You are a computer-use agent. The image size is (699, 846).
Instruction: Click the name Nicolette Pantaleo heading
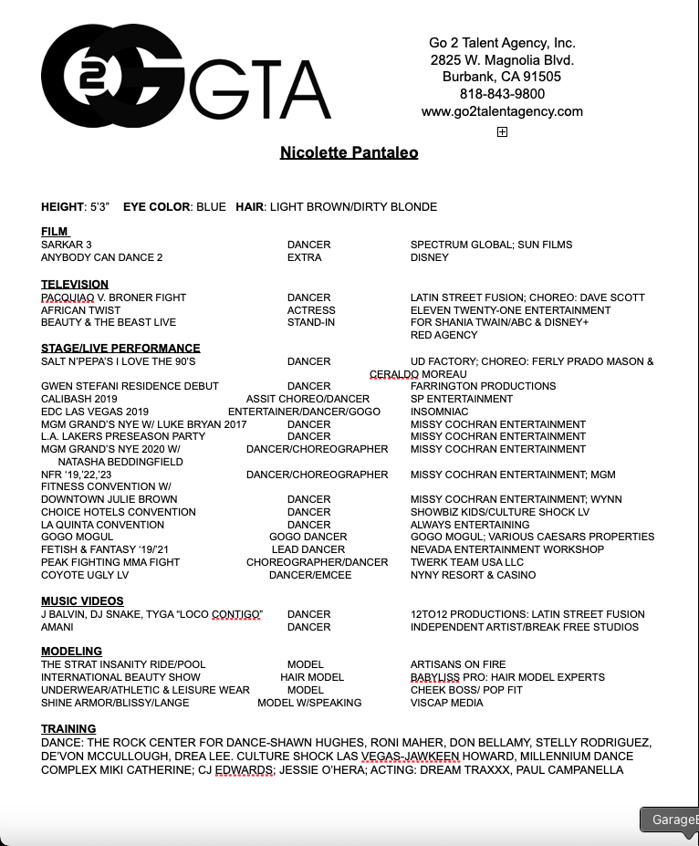[349, 152]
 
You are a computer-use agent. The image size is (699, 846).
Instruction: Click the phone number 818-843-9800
[502, 94]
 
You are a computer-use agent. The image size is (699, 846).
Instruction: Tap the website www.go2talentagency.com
[502, 111]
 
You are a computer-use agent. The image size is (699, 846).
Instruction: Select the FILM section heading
[55, 232]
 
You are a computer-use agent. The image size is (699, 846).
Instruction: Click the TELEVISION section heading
[75, 285]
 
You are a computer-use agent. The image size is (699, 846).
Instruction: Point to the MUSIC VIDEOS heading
[82, 601]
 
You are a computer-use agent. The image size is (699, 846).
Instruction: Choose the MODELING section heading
[71, 652]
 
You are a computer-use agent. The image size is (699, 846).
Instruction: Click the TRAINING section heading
[68, 729]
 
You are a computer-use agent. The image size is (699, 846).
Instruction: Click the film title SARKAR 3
[67, 245]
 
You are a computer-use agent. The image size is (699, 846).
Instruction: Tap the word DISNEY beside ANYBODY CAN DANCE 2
[430, 257]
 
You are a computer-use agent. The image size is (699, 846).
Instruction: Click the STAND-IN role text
[310, 322]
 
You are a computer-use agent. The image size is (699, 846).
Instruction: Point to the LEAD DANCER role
[308, 549]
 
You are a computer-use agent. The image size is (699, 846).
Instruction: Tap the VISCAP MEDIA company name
[447, 703]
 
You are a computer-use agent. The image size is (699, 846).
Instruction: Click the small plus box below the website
[502, 132]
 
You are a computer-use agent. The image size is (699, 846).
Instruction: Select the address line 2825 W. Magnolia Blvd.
[502, 60]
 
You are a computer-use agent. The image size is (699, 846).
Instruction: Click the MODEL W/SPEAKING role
[309, 703]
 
